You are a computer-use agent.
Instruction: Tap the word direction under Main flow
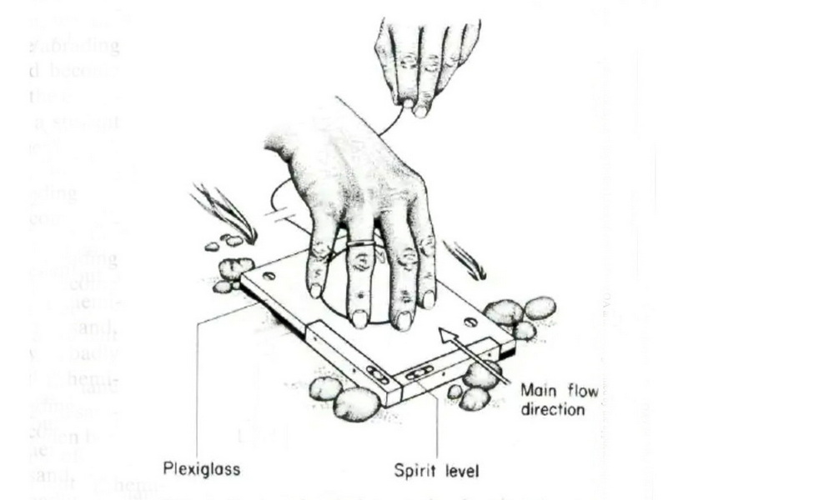(x=551, y=411)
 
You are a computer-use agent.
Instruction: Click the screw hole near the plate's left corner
(x=269, y=276)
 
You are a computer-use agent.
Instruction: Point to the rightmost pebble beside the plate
(x=540, y=308)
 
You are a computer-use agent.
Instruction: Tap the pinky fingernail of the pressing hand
(x=315, y=289)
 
